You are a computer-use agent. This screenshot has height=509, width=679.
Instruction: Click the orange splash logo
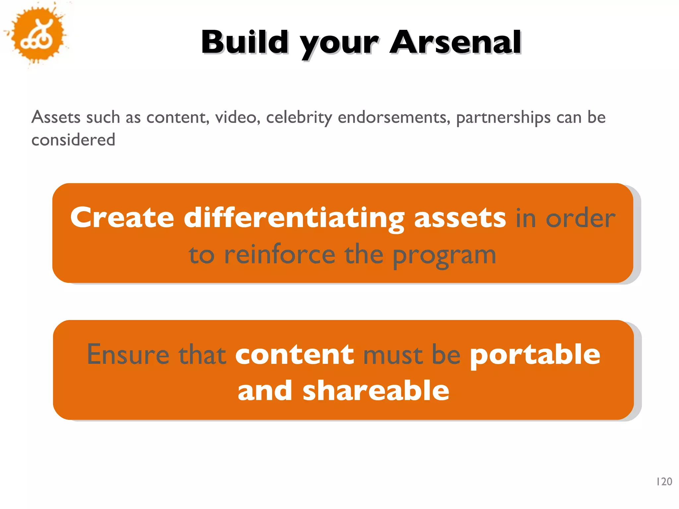tap(37, 35)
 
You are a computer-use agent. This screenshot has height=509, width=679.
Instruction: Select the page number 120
tap(664, 481)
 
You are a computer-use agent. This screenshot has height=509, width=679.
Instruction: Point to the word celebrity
tap(299, 118)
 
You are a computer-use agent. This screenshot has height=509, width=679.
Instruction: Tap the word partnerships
tap(503, 118)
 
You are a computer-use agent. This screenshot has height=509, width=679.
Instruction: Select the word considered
tap(73, 140)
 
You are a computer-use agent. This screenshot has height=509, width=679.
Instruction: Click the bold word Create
tap(122, 218)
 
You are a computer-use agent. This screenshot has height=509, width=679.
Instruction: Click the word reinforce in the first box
tap(279, 255)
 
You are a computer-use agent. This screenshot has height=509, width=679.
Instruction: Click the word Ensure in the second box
tap(128, 355)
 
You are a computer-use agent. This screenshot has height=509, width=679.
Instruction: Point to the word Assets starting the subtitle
tap(56, 117)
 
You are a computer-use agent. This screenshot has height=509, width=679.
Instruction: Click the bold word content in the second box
tap(294, 355)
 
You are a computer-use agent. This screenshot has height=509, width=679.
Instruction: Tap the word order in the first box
tap(580, 219)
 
